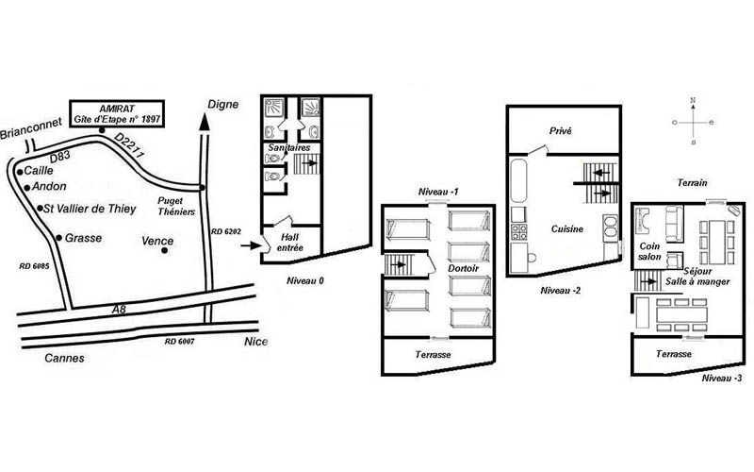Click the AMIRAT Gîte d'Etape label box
click(117, 113)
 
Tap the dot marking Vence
click(164, 250)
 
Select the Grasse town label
click(83, 238)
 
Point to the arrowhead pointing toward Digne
click(205, 122)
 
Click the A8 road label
click(119, 310)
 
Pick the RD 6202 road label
click(226, 231)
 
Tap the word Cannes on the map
click(64, 358)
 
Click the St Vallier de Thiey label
click(90, 209)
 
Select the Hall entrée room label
click(290, 243)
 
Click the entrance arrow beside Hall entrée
click(251, 246)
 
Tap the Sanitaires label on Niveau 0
click(289, 148)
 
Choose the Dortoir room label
click(463, 268)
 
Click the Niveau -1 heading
click(438, 192)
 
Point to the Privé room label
click(560, 131)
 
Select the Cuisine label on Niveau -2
click(567, 229)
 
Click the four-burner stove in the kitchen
click(519, 232)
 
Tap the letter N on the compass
click(693, 100)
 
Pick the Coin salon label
click(649, 251)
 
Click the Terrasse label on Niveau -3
click(674, 354)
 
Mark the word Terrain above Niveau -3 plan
click(693, 183)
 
